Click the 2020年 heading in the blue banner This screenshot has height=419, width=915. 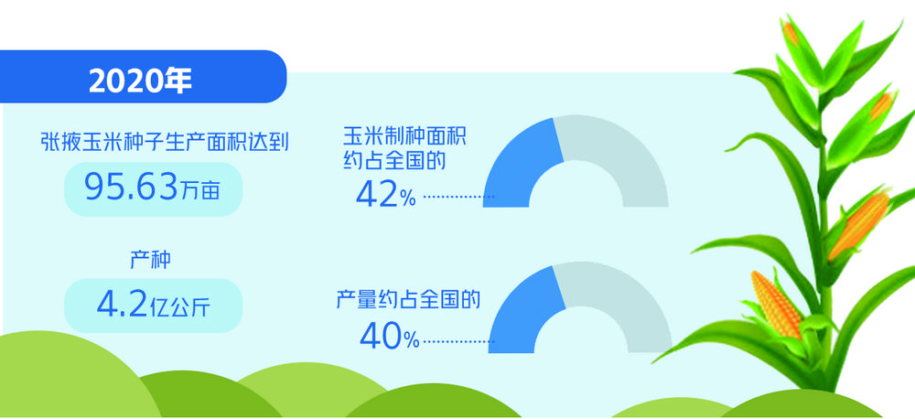click(140, 81)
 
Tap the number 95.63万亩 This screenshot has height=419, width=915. click(152, 188)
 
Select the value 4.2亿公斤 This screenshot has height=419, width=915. click(153, 306)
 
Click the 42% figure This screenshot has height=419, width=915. click(386, 196)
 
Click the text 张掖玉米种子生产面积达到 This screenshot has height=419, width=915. click(165, 142)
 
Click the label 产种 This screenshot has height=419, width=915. click(150, 260)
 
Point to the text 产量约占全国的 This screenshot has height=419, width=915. click(408, 300)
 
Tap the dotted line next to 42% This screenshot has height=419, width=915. click(458, 198)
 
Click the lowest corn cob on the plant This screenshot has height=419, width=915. click(777, 304)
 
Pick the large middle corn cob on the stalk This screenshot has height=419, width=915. click(858, 225)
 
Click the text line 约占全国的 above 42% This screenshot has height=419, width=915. click(394, 160)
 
